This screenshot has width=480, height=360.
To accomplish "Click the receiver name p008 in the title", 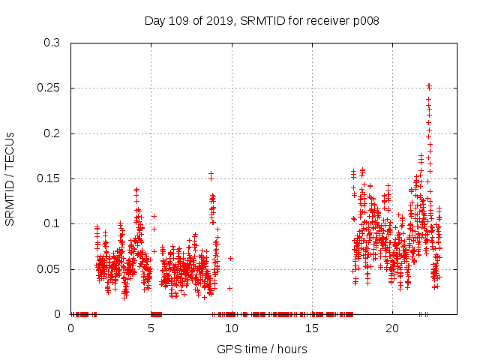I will (364, 21).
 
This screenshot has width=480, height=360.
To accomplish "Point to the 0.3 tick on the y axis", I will (52, 43).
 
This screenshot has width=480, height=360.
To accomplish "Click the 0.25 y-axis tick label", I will (49, 88).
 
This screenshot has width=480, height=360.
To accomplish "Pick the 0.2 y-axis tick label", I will (52, 133).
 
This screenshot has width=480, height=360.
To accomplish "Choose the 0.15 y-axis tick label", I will (49, 178).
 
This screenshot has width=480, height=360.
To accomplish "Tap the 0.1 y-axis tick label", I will (52, 223).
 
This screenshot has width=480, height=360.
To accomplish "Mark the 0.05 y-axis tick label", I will (49, 268).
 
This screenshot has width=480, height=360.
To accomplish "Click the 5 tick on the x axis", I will (151, 328).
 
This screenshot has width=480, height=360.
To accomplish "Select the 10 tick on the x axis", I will (232, 328).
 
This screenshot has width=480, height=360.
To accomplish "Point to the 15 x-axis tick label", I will (312, 328).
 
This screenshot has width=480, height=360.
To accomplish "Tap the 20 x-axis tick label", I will (392, 328).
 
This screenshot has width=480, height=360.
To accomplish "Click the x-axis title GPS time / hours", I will (262, 349).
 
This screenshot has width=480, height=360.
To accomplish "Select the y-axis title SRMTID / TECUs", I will (10, 178).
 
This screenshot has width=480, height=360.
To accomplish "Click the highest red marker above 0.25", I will (429, 85).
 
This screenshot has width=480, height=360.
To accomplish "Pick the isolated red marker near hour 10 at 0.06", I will (231, 258).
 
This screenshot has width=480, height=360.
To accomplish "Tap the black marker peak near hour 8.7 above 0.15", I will (211, 174).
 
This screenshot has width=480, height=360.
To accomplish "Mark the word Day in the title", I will (154, 21).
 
